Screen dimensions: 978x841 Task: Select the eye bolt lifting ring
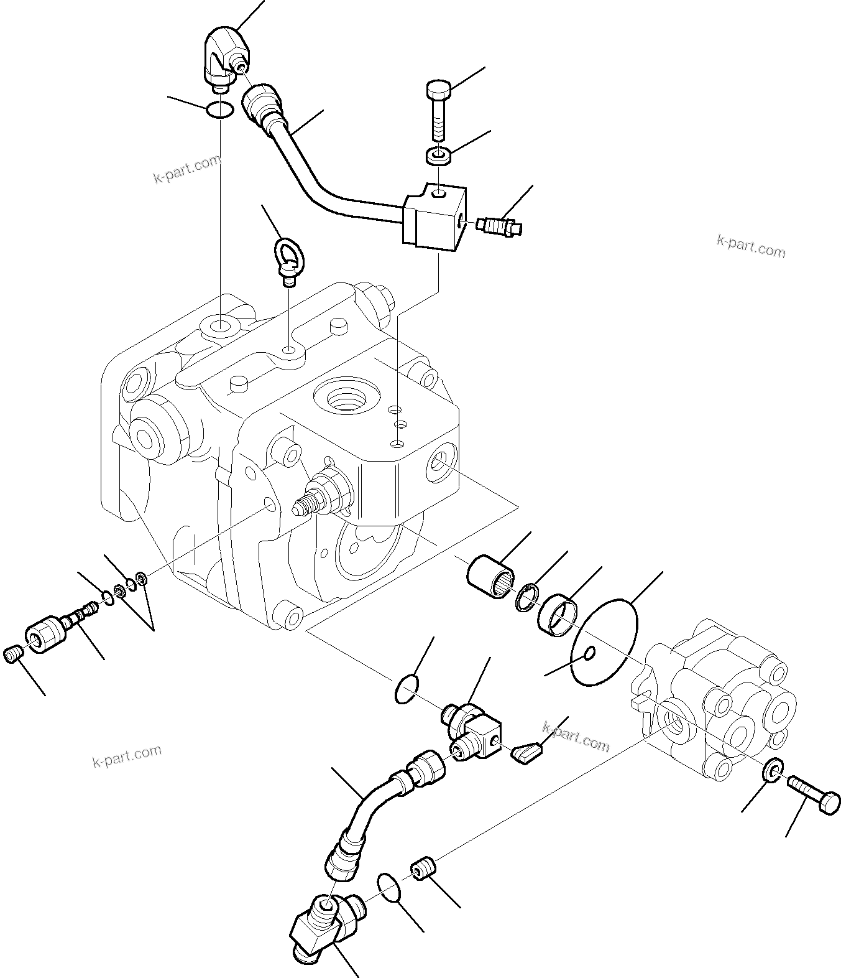point(288,258)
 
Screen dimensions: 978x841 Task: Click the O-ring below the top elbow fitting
point(219,109)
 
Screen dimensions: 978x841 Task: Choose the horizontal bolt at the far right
point(814,791)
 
